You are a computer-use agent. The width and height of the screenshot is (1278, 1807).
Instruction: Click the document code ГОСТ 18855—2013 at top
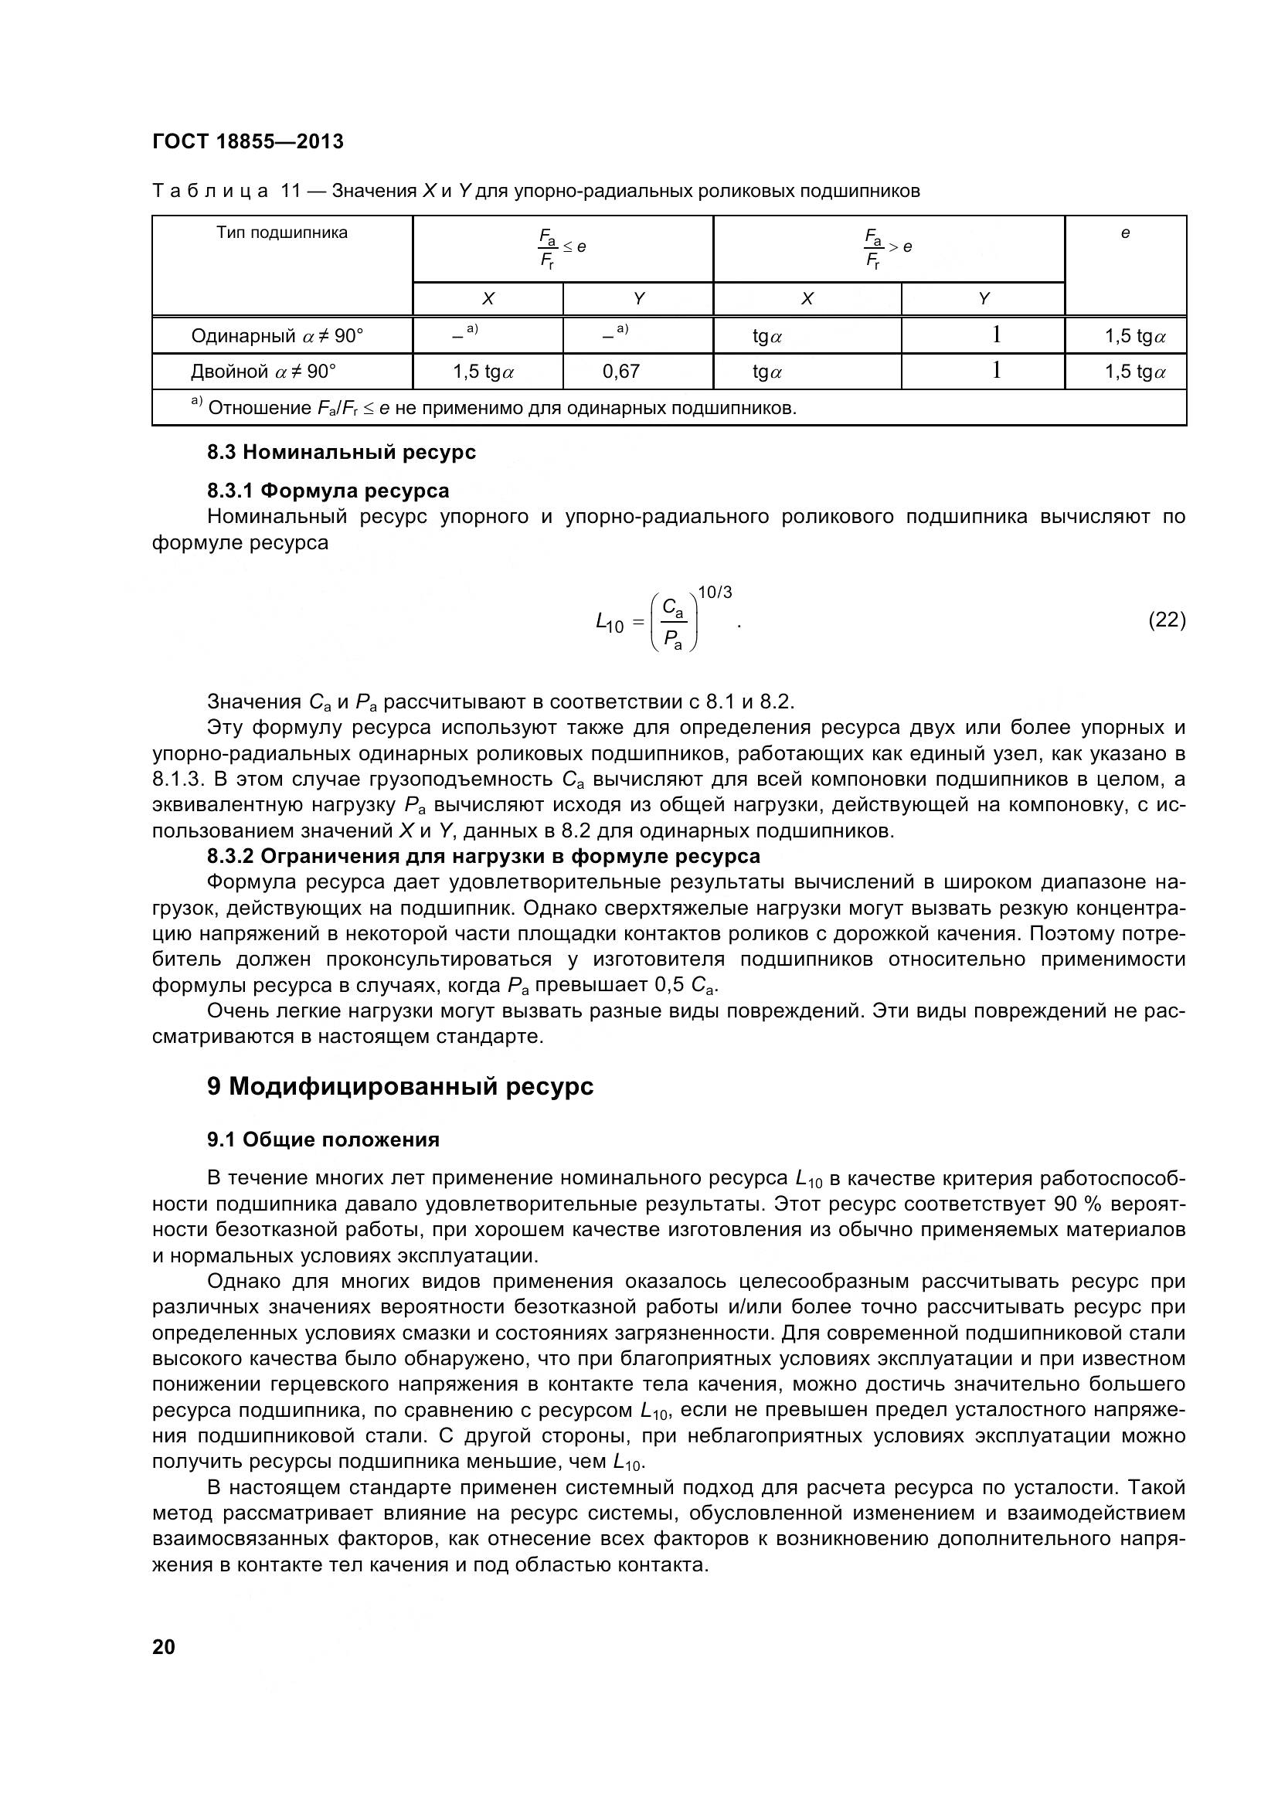(x=248, y=141)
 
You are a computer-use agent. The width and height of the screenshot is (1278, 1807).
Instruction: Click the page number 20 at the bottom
(x=164, y=1646)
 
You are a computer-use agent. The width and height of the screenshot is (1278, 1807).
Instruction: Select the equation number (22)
(x=1166, y=620)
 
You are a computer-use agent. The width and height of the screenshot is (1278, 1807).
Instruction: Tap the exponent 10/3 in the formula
(x=715, y=593)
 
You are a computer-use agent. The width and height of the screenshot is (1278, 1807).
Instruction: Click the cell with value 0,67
(x=621, y=372)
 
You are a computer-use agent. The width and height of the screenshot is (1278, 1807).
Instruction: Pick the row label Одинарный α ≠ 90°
(x=277, y=336)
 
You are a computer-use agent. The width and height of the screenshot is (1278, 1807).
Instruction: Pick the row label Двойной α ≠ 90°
(x=263, y=372)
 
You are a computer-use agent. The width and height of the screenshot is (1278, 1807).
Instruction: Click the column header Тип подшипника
(x=282, y=233)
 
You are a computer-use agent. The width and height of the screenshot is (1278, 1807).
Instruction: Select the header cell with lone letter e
(x=1124, y=233)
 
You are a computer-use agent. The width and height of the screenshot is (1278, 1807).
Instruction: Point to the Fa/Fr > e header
(x=887, y=248)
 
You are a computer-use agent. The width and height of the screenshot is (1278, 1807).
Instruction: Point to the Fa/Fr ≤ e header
(x=562, y=248)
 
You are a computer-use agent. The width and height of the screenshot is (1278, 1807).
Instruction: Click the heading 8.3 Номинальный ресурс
(x=342, y=453)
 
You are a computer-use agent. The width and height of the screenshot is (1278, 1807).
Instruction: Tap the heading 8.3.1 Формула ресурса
(x=328, y=491)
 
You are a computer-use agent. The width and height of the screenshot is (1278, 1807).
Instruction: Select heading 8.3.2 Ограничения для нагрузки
(x=483, y=856)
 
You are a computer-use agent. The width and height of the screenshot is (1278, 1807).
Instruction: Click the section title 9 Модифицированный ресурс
(x=399, y=1087)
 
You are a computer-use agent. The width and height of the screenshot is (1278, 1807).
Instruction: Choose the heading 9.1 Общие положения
(x=323, y=1140)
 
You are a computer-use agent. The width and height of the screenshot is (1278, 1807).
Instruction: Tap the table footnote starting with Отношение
(x=502, y=409)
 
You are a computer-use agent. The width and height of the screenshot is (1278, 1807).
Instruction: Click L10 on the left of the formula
(x=609, y=624)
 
